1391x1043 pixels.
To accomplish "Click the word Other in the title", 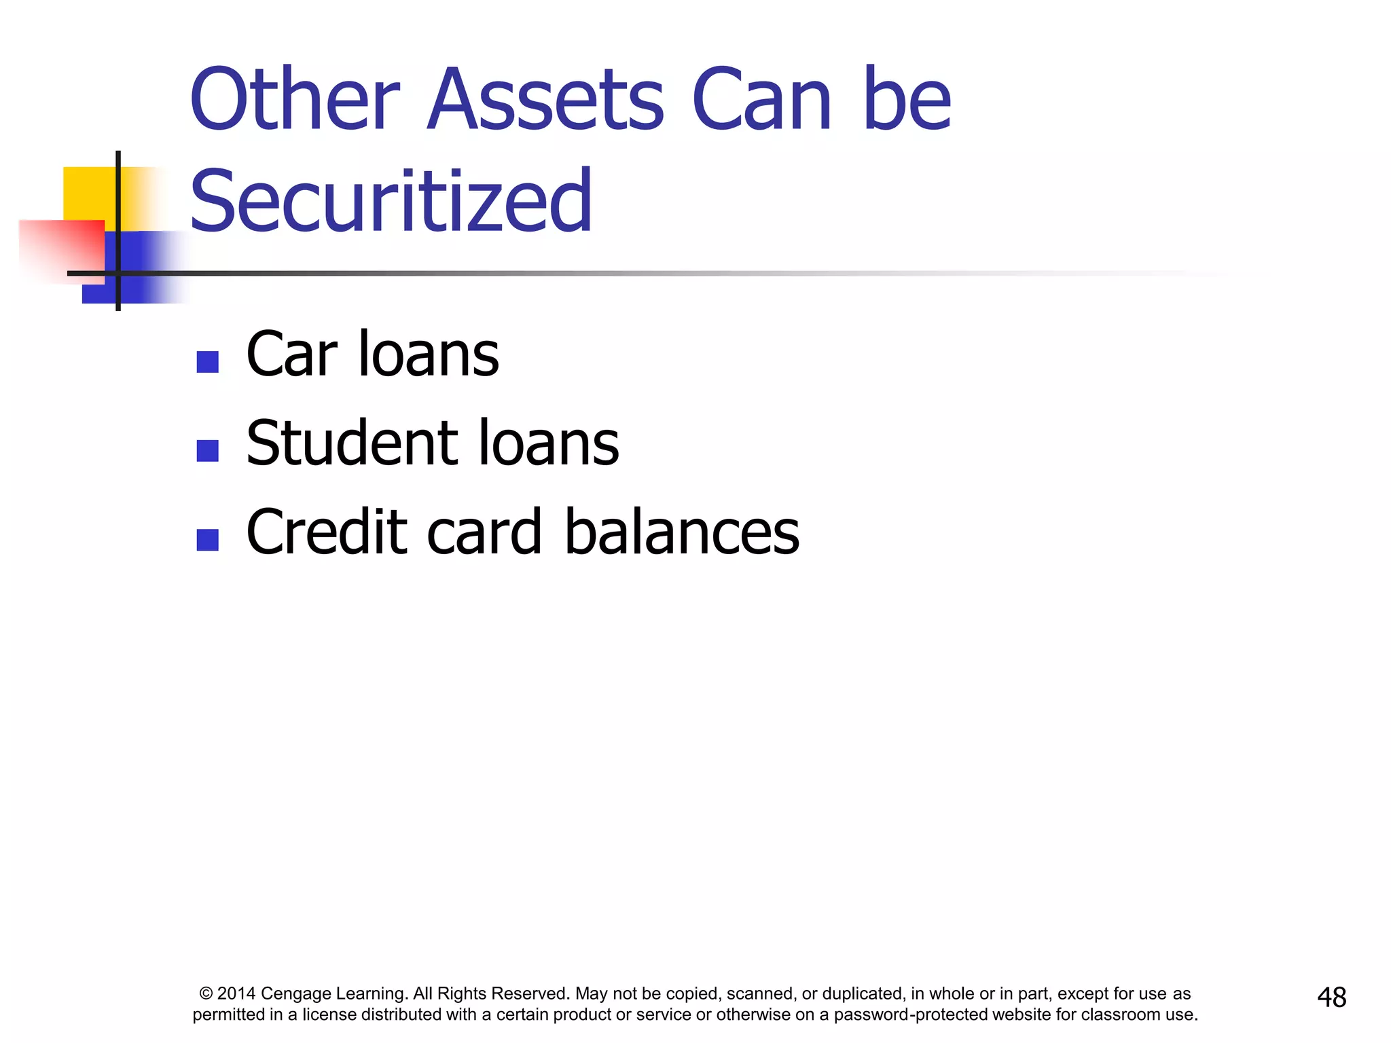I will [x=295, y=99].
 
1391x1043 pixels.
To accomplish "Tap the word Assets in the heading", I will [x=545, y=99].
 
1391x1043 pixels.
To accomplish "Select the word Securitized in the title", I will [x=391, y=201].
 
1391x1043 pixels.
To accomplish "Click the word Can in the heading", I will [x=761, y=99].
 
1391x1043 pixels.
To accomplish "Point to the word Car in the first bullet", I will [x=291, y=354].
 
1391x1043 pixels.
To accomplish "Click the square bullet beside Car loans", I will [x=207, y=362].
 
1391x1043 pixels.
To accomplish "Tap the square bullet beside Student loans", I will [x=207, y=451].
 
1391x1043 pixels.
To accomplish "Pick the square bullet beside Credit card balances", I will [x=207, y=540].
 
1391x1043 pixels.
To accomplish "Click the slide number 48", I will [x=1331, y=998].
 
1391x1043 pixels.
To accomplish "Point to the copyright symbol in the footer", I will [x=206, y=994].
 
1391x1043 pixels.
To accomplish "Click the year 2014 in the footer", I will [x=236, y=994].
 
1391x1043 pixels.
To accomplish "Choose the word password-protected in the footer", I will [x=911, y=1014].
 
